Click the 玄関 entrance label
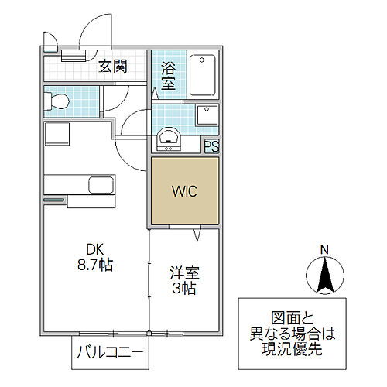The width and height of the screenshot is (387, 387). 112,67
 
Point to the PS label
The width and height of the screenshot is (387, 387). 211,145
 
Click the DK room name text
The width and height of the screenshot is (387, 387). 94,249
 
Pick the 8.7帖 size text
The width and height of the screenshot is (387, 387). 94,265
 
